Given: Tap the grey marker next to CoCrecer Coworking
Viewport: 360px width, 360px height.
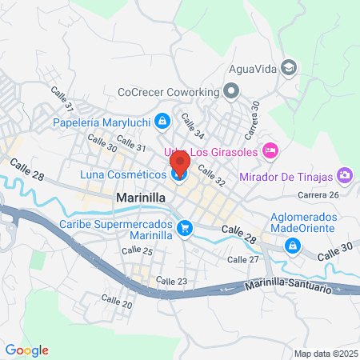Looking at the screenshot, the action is pos(231,92).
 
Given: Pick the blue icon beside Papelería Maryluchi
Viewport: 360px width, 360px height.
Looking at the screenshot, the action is pos(162,122).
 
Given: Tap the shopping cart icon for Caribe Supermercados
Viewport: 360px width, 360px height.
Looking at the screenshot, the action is pos(185,229).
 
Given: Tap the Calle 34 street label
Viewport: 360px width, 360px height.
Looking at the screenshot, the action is pos(193,123).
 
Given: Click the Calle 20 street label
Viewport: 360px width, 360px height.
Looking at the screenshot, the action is pos(117,302).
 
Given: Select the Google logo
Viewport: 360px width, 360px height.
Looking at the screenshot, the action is pos(27,350).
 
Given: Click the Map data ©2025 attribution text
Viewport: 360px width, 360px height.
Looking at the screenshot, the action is pos(324,354).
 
